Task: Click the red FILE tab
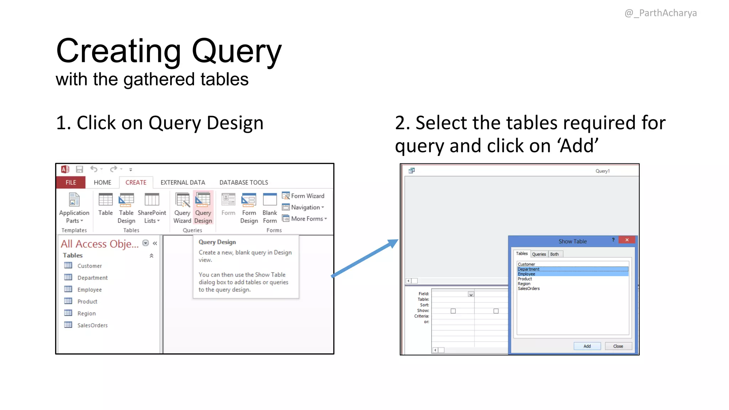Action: [x=70, y=182]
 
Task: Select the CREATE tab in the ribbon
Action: [x=136, y=182]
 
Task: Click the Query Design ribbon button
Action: [x=203, y=208]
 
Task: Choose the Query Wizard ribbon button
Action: [x=182, y=208]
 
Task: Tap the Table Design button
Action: [x=126, y=208]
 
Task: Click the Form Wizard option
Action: [x=303, y=196]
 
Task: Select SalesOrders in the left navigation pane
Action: [x=92, y=325]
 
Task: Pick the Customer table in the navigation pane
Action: [x=89, y=266]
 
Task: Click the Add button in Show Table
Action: [x=587, y=346]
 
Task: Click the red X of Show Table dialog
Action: [x=627, y=240]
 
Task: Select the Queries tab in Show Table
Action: [x=539, y=254]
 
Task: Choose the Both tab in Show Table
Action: [x=554, y=254]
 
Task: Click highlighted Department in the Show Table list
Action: [x=529, y=269]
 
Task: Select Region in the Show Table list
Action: [x=524, y=284]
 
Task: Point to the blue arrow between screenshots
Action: [x=365, y=258]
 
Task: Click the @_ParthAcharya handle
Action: [x=660, y=13]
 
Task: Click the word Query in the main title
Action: [x=236, y=52]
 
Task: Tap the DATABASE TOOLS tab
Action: [x=243, y=182]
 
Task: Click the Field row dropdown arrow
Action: [x=471, y=294]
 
